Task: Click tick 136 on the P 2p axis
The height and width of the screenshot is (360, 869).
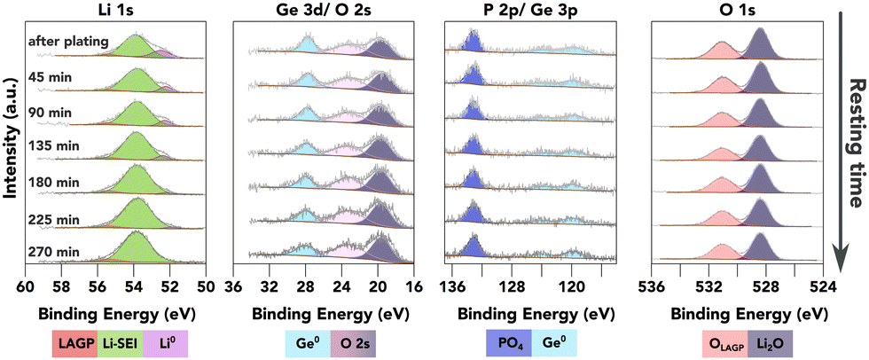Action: (x=452, y=286)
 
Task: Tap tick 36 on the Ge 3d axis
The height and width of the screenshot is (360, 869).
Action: (x=233, y=286)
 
